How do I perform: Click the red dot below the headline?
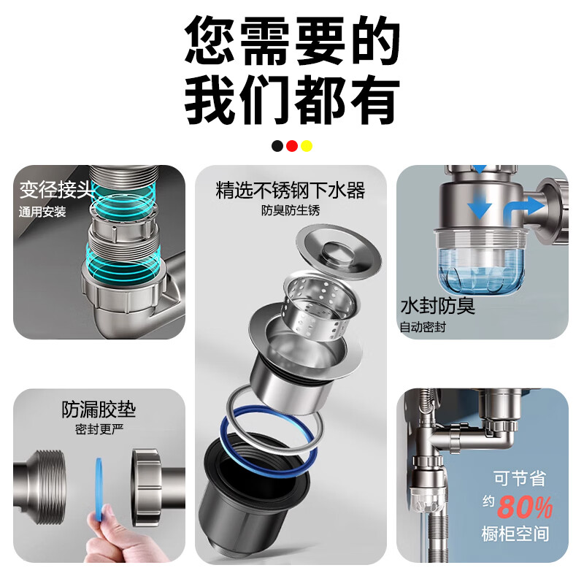[x=292, y=145]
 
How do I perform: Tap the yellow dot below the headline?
[x=306, y=145]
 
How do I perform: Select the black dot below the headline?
[x=277, y=145]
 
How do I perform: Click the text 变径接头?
[x=56, y=191]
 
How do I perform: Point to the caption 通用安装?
[x=42, y=212]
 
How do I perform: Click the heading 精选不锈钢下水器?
[x=291, y=191]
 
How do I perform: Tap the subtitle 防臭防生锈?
[x=291, y=211]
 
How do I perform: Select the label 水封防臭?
[x=437, y=305]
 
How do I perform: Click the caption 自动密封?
[x=423, y=326]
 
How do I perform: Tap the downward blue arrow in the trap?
[x=479, y=205]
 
